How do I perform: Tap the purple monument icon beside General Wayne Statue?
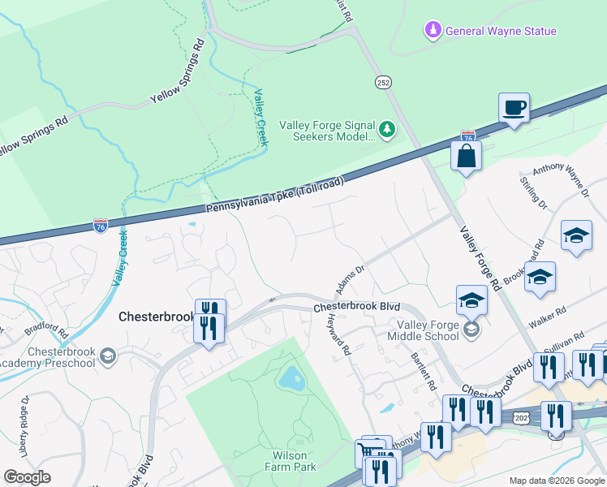(x=433, y=31)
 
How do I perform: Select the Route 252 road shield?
(x=384, y=82)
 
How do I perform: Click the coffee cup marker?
(x=514, y=107)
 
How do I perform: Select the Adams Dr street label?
(x=351, y=278)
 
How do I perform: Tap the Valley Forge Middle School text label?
(x=423, y=330)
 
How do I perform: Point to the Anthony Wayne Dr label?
(x=560, y=181)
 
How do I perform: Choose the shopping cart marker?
(x=369, y=453)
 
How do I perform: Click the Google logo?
(x=27, y=477)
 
